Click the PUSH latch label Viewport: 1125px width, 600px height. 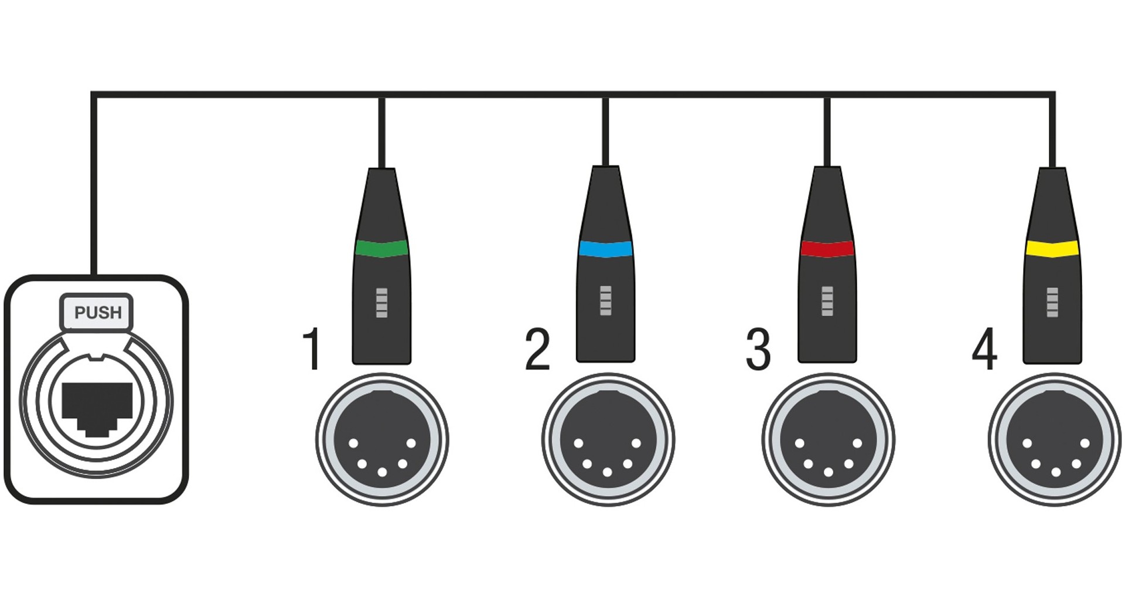tap(97, 312)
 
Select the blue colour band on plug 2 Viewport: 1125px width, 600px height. tap(605, 249)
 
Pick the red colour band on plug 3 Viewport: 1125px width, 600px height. tap(827, 249)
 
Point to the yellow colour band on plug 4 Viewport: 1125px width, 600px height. tap(1052, 249)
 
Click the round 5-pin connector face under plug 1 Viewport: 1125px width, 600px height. tap(382, 439)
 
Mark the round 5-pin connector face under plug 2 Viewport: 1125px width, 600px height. tap(608, 439)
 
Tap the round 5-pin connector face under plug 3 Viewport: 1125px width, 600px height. tap(829, 439)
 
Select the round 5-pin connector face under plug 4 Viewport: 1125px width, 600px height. tap(1055, 439)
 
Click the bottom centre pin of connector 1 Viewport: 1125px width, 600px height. tap(382, 472)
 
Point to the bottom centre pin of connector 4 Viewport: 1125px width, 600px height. tap(1056, 472)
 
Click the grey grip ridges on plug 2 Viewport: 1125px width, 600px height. tap(606, 301)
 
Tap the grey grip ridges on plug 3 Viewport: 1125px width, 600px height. tap(827, 301)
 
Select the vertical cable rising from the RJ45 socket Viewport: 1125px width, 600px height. tap(93, 188)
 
